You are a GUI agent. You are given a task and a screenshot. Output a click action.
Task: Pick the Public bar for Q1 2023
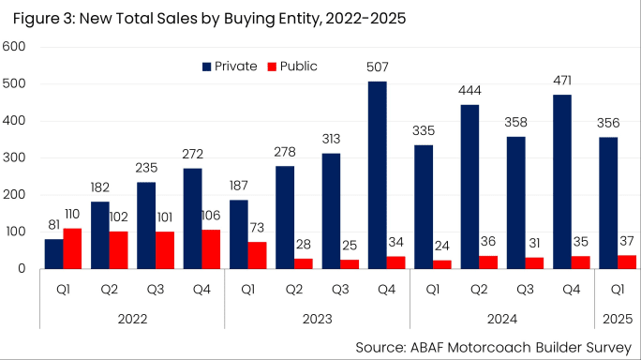257,255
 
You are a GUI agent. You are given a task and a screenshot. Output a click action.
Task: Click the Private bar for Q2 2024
470,187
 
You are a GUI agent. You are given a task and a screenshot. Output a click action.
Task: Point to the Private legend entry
232,66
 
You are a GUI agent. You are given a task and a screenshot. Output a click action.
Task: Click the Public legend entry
292,66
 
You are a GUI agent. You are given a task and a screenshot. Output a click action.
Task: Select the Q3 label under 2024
525,290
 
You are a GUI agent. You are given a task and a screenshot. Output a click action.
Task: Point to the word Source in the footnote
384,346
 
